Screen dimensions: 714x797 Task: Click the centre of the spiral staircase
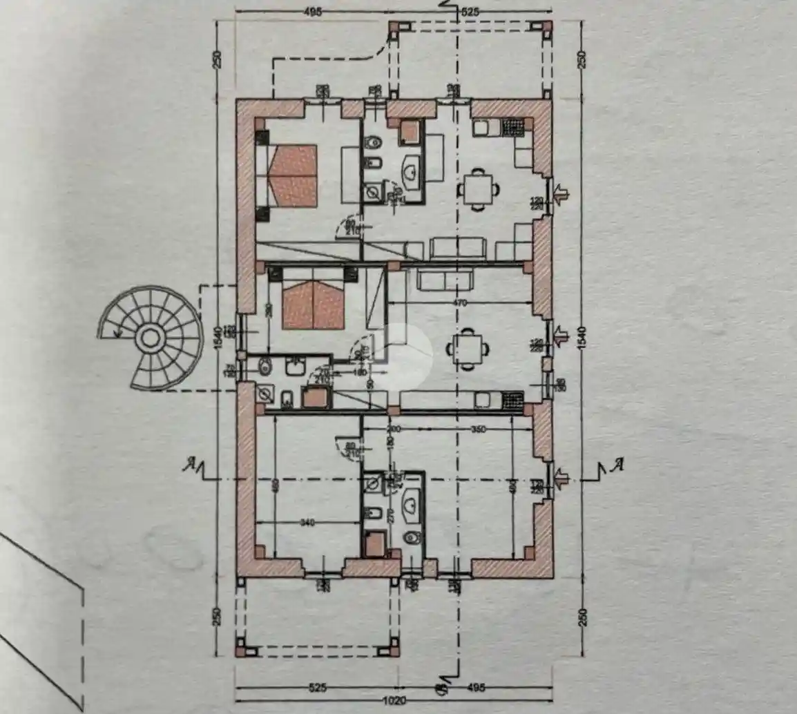[149, 338]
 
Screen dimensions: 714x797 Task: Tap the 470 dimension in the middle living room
[460, 303]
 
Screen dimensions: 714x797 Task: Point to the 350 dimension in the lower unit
[478, 429]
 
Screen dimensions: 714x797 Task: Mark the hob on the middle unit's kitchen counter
[512, 399]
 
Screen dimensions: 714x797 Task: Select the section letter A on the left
[187, 465]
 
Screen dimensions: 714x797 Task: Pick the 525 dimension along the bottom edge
[317, 687]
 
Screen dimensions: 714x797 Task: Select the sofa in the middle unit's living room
[445, 280]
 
